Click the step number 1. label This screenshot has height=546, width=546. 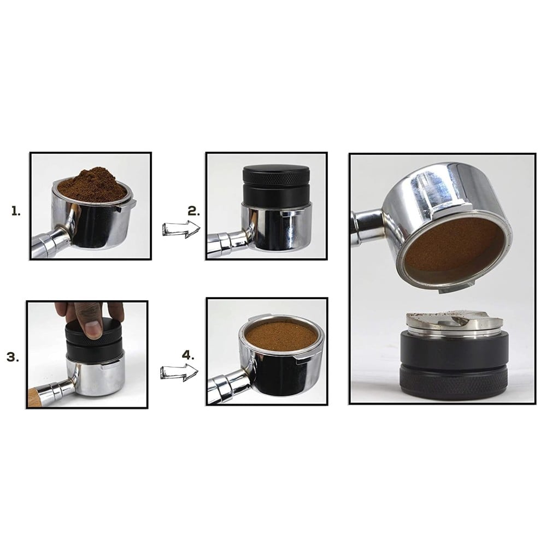point(16,211)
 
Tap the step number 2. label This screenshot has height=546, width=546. point(194,211)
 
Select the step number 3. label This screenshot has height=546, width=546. point(13,357)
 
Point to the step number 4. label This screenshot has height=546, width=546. point(188,355)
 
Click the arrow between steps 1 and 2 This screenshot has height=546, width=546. point(181,229)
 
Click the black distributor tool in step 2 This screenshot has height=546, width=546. point(276,186)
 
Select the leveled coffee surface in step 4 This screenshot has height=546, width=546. point(281,336)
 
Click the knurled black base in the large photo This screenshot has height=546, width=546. point(454,382)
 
